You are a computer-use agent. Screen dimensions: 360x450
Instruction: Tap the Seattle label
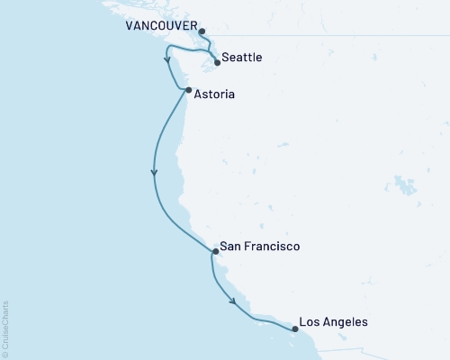coord(242,58)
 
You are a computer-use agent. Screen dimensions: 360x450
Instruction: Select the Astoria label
coord(218,92)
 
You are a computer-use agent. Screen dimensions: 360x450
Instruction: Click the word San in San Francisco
coord(230,247)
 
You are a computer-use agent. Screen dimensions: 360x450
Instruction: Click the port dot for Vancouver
coord(202,31)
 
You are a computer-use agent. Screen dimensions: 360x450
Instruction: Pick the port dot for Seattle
coord(217,63)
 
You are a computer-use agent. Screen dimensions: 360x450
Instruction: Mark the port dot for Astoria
coord(187,90)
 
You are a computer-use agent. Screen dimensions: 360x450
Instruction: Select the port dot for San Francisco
coord(213,252)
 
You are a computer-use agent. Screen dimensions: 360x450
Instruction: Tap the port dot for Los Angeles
coord(295,329)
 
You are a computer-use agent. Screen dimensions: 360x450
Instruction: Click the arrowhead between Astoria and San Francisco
coord(155,174)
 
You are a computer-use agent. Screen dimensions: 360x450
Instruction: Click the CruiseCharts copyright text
coord(5,328)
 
